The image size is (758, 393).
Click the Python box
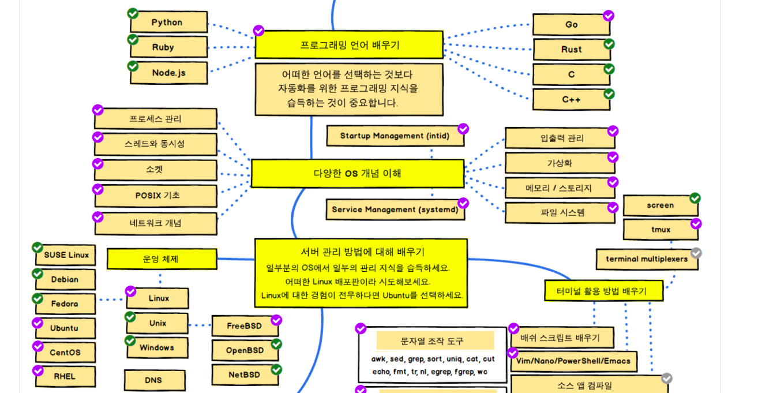pyautogui.click(x=168, y=23)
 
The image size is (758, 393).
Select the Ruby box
pyautogui.click(x=168, y=47)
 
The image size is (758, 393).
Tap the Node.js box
pyautogui.click(x=168, y=73)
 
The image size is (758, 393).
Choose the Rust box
pyautogui.click(x=571, y=50)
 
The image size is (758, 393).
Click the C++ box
pyautogui.click(x=571, y=99)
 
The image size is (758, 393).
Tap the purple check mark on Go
pyautogui.click(x=608, y=16)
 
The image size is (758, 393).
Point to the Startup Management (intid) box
pyautogui.click(x=395, y=136)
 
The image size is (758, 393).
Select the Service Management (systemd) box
pyautogui.click(x=395, y=209)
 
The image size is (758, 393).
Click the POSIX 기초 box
pyautogui.click(x=157, y=196)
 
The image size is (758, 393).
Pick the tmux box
pyautogui.click(x=661, y=230)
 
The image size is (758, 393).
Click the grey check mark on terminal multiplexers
pyautogui.click(x=696, y=253)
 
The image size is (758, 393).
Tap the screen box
pyautogui.click(x=660, y=205)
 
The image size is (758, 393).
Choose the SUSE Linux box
pyautogui.click(x=66, y=254)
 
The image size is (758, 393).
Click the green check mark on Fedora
pyautogui.click(x=37, y=298)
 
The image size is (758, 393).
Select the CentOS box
pyautogui.click(x=65, y=352)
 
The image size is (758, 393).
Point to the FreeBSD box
pyautogui.click(x=245, y=326)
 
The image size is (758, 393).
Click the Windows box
pyautogui.click(x=156, y=347)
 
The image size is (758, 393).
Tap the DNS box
pyautogui.click(x=154, y=380)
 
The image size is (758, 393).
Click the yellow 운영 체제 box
pyautogui.click(x=162, y=259)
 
